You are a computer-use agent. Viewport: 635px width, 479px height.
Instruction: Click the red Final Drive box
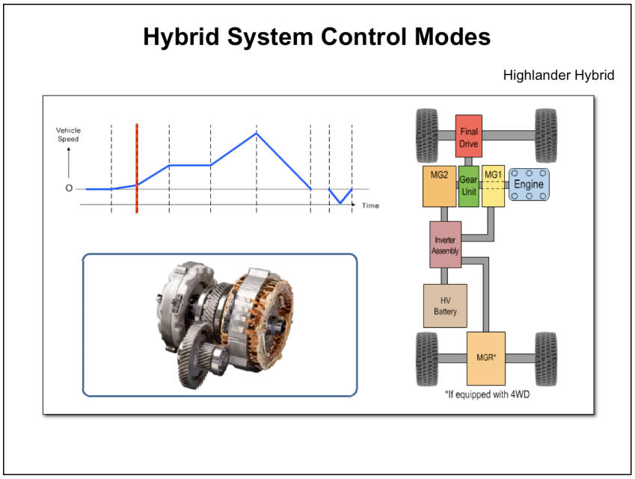(x=468, y=135)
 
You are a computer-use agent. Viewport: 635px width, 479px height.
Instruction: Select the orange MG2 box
(x=439, y=186)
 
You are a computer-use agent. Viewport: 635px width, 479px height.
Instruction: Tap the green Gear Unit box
(x=468, y=186)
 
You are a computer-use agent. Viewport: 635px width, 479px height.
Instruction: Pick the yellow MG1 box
(x=493, y=186)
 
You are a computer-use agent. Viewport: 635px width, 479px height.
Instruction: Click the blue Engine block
(x=529, y=185)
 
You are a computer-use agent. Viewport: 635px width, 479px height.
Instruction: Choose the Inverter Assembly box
(x=445, y=245)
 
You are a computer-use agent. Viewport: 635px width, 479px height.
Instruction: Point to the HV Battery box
(x=445, y=306)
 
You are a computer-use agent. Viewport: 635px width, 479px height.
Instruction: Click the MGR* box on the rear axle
(x=486, y=358)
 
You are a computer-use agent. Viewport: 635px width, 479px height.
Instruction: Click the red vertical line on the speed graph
(x=137, y=168)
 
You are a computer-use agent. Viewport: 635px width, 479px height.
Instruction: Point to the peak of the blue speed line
(x=257, y=133)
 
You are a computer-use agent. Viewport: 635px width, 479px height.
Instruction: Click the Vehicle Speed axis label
(x=68, y=135)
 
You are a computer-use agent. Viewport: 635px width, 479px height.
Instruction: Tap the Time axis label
(x=370, y=205)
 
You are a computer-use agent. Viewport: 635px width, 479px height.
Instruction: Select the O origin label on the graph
(x=69, y=188)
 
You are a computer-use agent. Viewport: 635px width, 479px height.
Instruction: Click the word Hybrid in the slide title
(x=182, y=37)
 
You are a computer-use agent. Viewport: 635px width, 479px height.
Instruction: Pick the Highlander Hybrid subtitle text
(x=559, y=75)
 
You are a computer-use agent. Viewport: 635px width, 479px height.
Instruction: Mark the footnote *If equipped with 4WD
(x=486, y=394)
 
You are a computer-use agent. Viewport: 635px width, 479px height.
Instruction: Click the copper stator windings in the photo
(x=258, y=306)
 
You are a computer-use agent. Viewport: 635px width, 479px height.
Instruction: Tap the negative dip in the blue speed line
(x=340, y=203)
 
